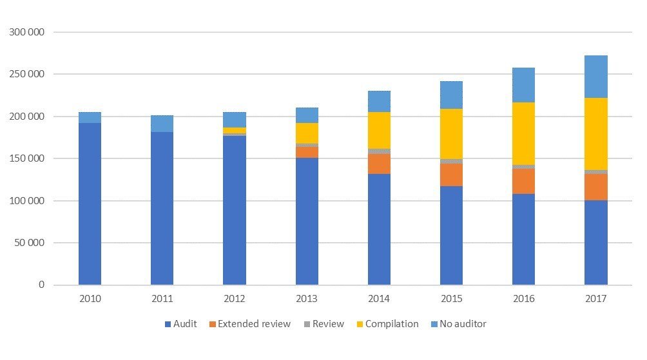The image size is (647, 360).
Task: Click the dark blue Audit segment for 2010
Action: click(90, 204)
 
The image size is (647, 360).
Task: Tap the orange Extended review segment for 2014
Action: click(379, 164)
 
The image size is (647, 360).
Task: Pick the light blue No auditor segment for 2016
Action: click(523, 85)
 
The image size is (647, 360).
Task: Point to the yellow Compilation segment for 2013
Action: click(307, 133)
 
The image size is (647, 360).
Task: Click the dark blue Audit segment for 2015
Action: click(451, 235)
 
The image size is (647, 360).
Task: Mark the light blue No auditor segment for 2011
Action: click(162, 124)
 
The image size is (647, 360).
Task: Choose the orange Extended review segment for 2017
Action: click(595, 187)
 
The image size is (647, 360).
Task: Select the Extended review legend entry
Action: click(252, 324)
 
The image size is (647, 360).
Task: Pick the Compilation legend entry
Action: click(387, 324)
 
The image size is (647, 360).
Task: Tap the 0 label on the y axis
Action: click(41, 285)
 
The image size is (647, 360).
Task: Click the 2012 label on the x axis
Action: click(234, 299)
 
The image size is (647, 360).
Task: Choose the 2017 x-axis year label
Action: click(595, 299)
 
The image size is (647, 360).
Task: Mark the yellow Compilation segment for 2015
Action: click(451, 134)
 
